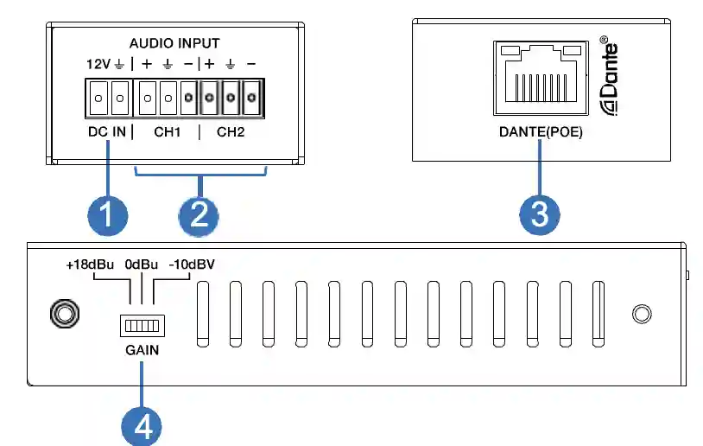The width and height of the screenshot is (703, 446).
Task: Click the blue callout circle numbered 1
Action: click(x=108, y=215)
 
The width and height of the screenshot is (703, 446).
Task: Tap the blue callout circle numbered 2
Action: click(x=199, y=216)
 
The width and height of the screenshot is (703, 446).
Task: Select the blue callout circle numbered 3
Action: click(x=540, y=214)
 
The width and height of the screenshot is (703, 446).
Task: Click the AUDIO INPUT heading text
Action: click(x=174, y=43)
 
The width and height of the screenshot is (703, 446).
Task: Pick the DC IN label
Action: click(x=107, y=132)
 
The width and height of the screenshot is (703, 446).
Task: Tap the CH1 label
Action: click(x=168, y=132)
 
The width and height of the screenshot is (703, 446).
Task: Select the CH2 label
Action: click(x=231, y=132)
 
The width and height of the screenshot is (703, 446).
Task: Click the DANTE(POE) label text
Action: click(x=541, y=132)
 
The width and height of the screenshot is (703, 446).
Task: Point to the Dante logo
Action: click(x=610, y=75)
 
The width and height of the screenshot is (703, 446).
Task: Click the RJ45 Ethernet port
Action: click(x=541, y=78)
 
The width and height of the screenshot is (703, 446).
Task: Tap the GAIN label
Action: click(x=142, y=350)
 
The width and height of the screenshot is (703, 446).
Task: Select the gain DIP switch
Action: click(x=142, y=325)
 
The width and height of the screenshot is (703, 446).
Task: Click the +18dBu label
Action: click(x=90, y=264)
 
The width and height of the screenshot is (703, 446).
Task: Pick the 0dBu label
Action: click(x=142, y=264)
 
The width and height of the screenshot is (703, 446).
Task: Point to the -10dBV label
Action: click(x=192, y=264)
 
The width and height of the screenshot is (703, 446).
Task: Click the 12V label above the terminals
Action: click(x=98, y=64)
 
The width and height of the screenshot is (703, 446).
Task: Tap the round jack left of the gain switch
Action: click(x=65, y=314)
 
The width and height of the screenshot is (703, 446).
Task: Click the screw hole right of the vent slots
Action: click(x=642, y=314)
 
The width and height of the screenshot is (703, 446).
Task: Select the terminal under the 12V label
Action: click(x=98, y=98)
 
